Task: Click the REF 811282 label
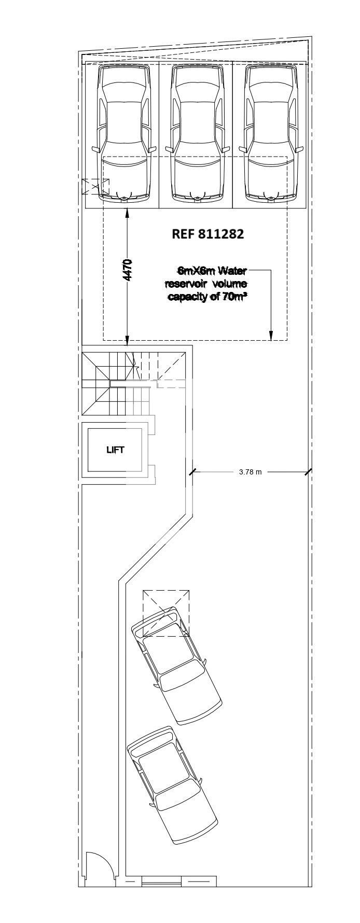(x=207, y=234)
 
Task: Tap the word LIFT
(x=115, y=450)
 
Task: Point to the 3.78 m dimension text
(x=251, y=472)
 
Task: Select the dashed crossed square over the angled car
(x=166, y=613)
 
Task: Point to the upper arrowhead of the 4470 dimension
(x=128, y=212)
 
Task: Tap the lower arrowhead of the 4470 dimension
(x=128, y=340)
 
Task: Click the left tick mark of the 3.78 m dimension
(x=192, y=472)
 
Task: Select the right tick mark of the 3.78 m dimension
(x=308, y=472)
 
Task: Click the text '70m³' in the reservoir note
(x=234, y=297)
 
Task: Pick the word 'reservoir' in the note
(x=185, y=284)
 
